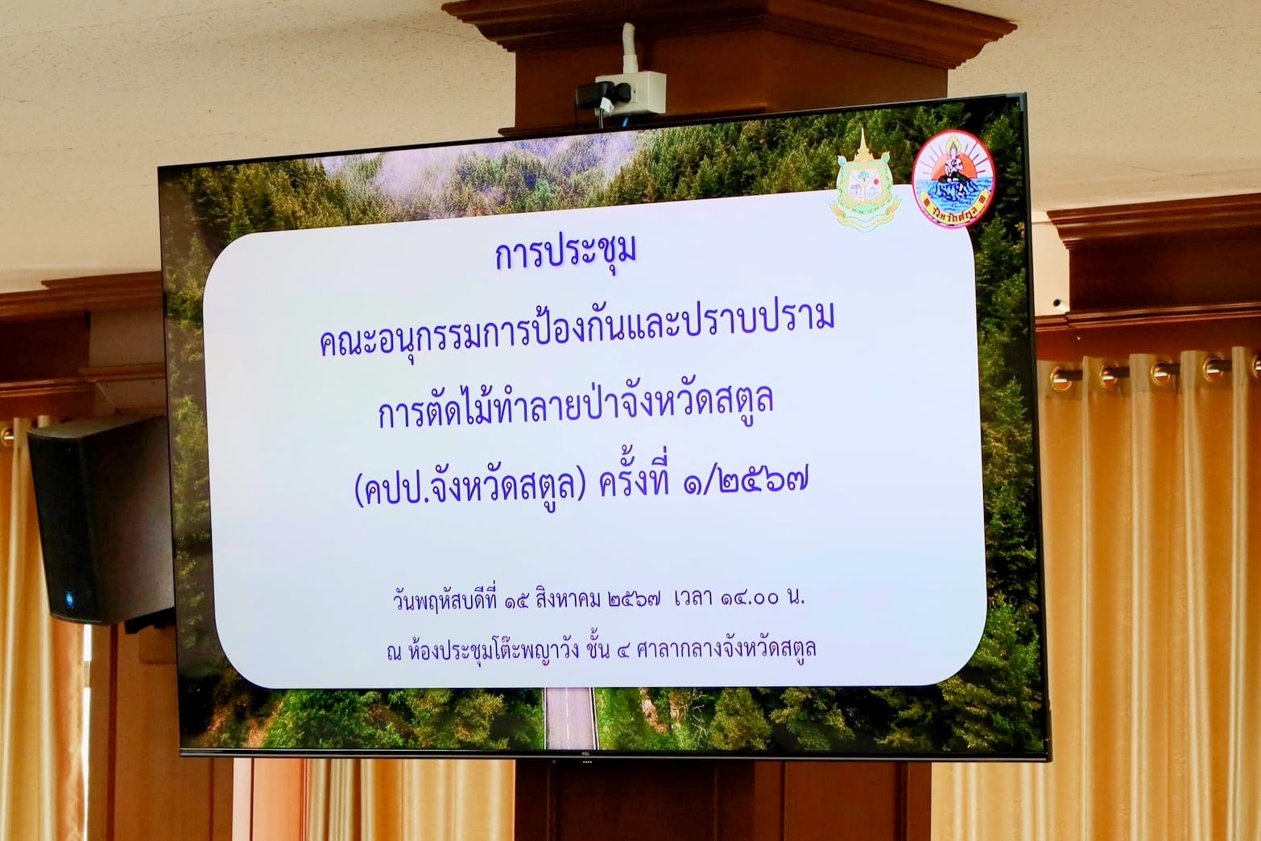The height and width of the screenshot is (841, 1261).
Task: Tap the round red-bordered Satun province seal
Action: (x=953, y=178)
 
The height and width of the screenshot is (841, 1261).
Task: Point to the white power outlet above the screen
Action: (x=631, y=92)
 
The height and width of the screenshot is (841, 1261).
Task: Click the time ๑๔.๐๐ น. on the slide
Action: (x=763, y=598)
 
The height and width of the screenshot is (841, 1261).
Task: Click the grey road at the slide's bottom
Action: (x=569, y=718)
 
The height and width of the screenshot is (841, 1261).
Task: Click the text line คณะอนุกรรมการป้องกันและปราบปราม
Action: (x=577, y=333)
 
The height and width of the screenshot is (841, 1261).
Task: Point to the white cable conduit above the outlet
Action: (x=630, y=48)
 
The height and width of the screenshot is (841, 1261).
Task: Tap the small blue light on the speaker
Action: (x=69, y=597)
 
